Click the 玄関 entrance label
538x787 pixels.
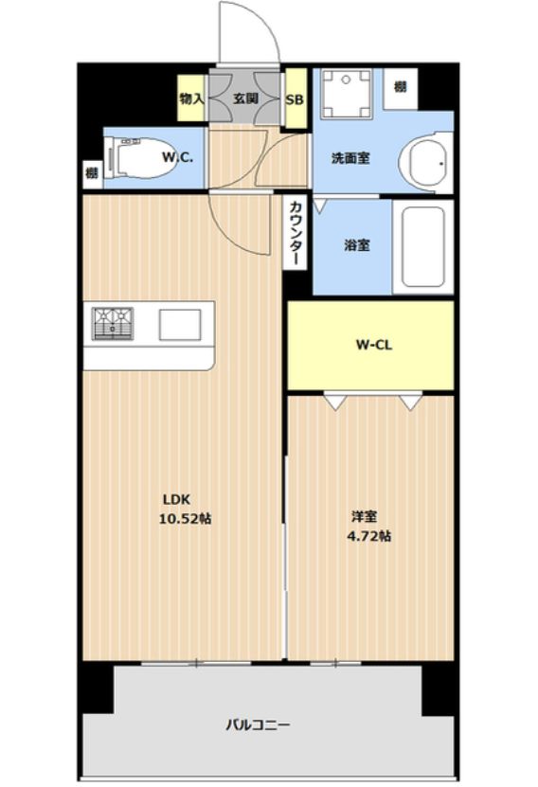[x=245, y=98]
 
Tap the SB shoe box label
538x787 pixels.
[x=295, y=99]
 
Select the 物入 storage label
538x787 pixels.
[x=191, y=98]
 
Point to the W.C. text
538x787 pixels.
[x=177, y=157]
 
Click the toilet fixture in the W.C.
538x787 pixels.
[x=138, y=158]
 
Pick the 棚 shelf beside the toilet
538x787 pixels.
[x=92, y=173]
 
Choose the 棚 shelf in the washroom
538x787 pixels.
[x=400, y=87]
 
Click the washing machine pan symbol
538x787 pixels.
[x=347, y=94]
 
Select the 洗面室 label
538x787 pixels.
[x=350, y=158]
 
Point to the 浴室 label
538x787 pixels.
[x=357, y=245]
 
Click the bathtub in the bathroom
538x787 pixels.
[x=423, y=246]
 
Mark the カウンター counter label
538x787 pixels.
[x=296, y=232]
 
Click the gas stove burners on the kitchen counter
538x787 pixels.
[x=113, y=323]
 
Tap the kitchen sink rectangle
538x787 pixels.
[x=180, y=324]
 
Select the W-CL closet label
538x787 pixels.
[x=374, y=345]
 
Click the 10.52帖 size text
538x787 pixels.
[x=186, y=518]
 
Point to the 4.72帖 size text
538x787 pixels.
[x=369, y=536]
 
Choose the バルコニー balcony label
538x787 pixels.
[x=258, y=724]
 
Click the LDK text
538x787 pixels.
[x=176, y=499]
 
